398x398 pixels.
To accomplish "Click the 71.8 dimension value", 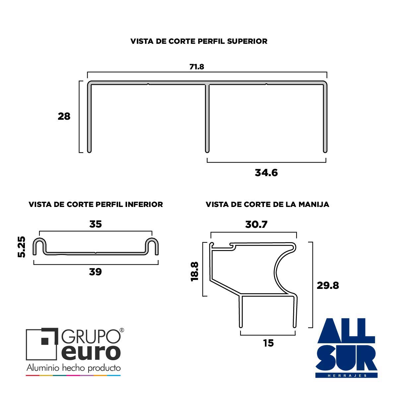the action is point(197,67).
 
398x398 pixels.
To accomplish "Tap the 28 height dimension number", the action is point(64,116).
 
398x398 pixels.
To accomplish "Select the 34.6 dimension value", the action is point(266,173).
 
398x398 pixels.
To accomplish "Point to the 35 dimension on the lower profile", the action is point(96,224).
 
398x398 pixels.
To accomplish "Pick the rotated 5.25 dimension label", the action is point(22,247).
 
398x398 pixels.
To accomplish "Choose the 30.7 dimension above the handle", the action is point(256,224).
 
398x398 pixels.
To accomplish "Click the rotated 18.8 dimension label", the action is point(195,272).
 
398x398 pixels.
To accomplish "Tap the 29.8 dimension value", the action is point(328,286).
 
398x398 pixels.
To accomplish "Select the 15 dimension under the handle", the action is point(268,343).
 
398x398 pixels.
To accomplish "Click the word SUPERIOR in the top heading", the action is point(247,41).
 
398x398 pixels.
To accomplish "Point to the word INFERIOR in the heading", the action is point(144,205).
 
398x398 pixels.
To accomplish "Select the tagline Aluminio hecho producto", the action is point(74,368).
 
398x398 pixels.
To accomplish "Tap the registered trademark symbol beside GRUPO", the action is point(122,330).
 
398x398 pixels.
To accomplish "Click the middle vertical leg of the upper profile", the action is point(207,118).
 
